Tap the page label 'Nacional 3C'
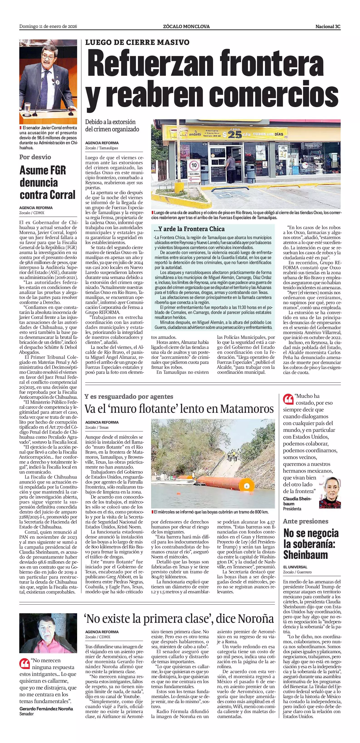(x=328, y=27)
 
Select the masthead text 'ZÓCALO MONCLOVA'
(x=186, y=27)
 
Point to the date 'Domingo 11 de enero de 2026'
(x=48, y=27)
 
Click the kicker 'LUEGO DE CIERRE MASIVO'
(x=137, y=42)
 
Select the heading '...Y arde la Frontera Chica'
(x=189, y=229)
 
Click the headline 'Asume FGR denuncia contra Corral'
(x=47, y=183)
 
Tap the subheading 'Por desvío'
(x=35, y=157)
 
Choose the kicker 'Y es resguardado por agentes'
(x=129, y=396)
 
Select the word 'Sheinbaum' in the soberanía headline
(x=306, y=555)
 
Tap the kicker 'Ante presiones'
(x=306, y=521)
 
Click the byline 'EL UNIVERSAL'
(x=295, y=567)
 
